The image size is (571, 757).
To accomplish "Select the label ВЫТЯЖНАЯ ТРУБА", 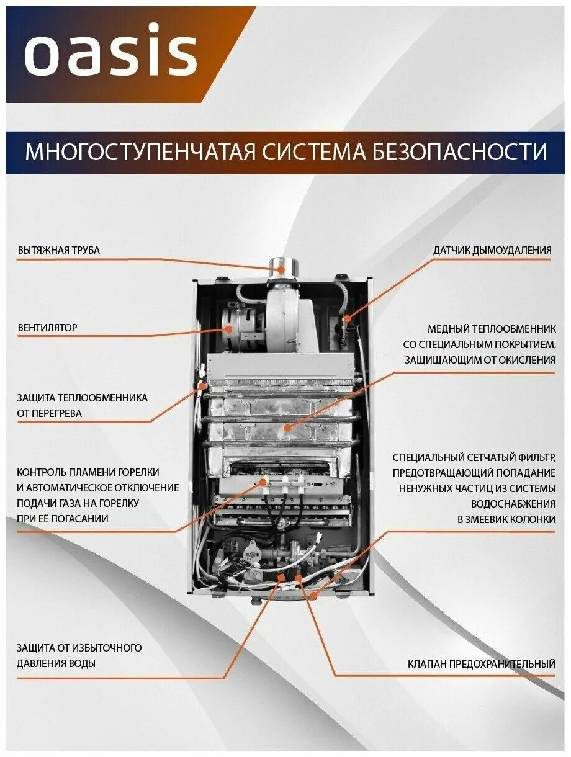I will click(x=59, y=250).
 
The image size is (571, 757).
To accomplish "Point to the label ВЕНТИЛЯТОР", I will click(x=48, y=327).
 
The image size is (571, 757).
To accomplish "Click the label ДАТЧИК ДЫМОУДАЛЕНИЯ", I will click(x=492, y=250).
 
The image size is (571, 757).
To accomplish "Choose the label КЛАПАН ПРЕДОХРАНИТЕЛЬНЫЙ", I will click(x=482, y=664).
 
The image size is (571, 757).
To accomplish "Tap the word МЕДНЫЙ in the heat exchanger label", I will click(x=447, y=329).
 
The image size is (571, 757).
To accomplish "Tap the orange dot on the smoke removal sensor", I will click(x=348, y=319).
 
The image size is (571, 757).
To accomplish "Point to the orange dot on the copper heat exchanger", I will click(x=287, y=428).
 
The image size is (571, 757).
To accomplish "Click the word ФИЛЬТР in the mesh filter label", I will click(x=534, y=457).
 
